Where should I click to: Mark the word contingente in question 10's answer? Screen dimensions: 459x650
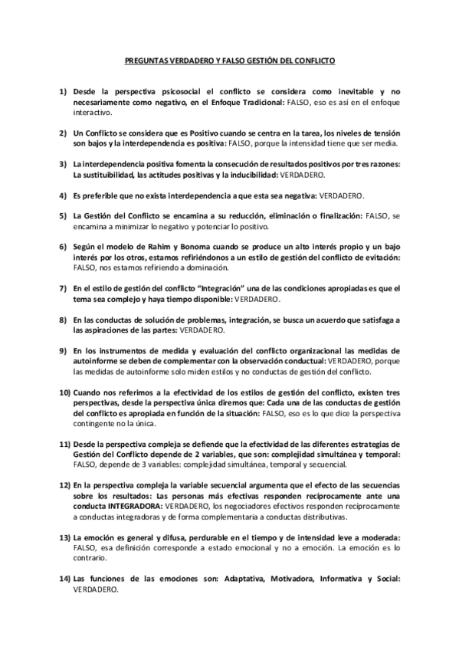(95, 423)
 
